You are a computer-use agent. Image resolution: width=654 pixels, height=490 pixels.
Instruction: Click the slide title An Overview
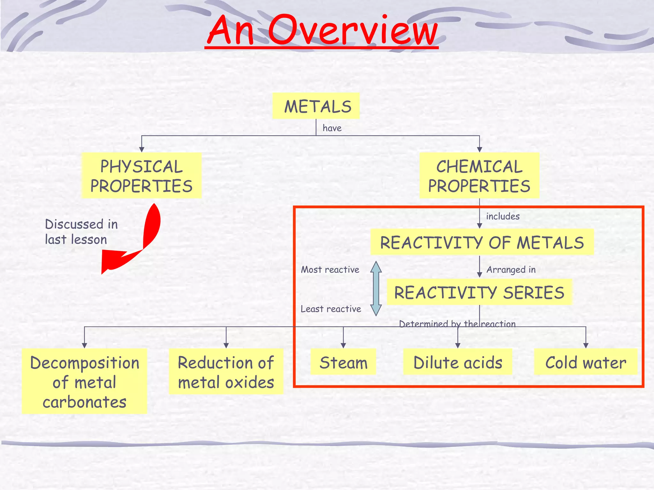click(x=322, y=30)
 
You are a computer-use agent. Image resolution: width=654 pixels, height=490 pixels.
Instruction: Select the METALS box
click(x=316, y=106)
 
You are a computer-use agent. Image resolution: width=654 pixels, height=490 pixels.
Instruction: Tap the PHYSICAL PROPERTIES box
click(x=141, y=176)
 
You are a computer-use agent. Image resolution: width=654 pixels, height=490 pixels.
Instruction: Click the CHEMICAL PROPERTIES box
click(x=479, y=176)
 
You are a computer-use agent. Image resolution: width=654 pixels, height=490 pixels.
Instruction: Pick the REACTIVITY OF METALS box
click(x=482, y=242)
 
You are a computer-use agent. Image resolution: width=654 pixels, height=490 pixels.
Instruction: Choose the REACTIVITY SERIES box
click(x=479, y=292)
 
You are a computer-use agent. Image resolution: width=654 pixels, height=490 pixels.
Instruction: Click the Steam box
click(x=343, y=362)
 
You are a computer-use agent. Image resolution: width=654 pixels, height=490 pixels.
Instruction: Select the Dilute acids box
click(x=458, y=362)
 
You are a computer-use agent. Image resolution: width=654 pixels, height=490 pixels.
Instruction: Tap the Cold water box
click(x=585, y=362)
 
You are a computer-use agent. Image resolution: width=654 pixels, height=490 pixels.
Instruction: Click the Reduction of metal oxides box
click(x=226, y=372)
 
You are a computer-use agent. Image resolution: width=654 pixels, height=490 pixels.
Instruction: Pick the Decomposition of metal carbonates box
click(x=84, y=382)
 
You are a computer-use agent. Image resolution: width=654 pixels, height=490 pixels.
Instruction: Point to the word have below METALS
click(x=332, y=128)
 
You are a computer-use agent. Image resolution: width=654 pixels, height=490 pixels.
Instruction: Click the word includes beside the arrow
click(x=503, y=216)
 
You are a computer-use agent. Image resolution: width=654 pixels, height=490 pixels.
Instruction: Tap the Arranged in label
click(x=511, y=270)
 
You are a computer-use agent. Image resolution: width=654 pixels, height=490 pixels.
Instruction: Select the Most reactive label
click(x=330, y=270)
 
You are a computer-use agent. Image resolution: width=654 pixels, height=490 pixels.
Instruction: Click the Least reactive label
click(x=331, y=309)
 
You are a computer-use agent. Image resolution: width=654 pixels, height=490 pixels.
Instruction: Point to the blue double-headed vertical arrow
click(x=376, y=288)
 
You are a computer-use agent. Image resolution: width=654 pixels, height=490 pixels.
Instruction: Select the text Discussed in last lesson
click(x=81, y=232)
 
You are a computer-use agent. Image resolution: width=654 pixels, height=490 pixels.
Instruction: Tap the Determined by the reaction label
click(x=457, y=324)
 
